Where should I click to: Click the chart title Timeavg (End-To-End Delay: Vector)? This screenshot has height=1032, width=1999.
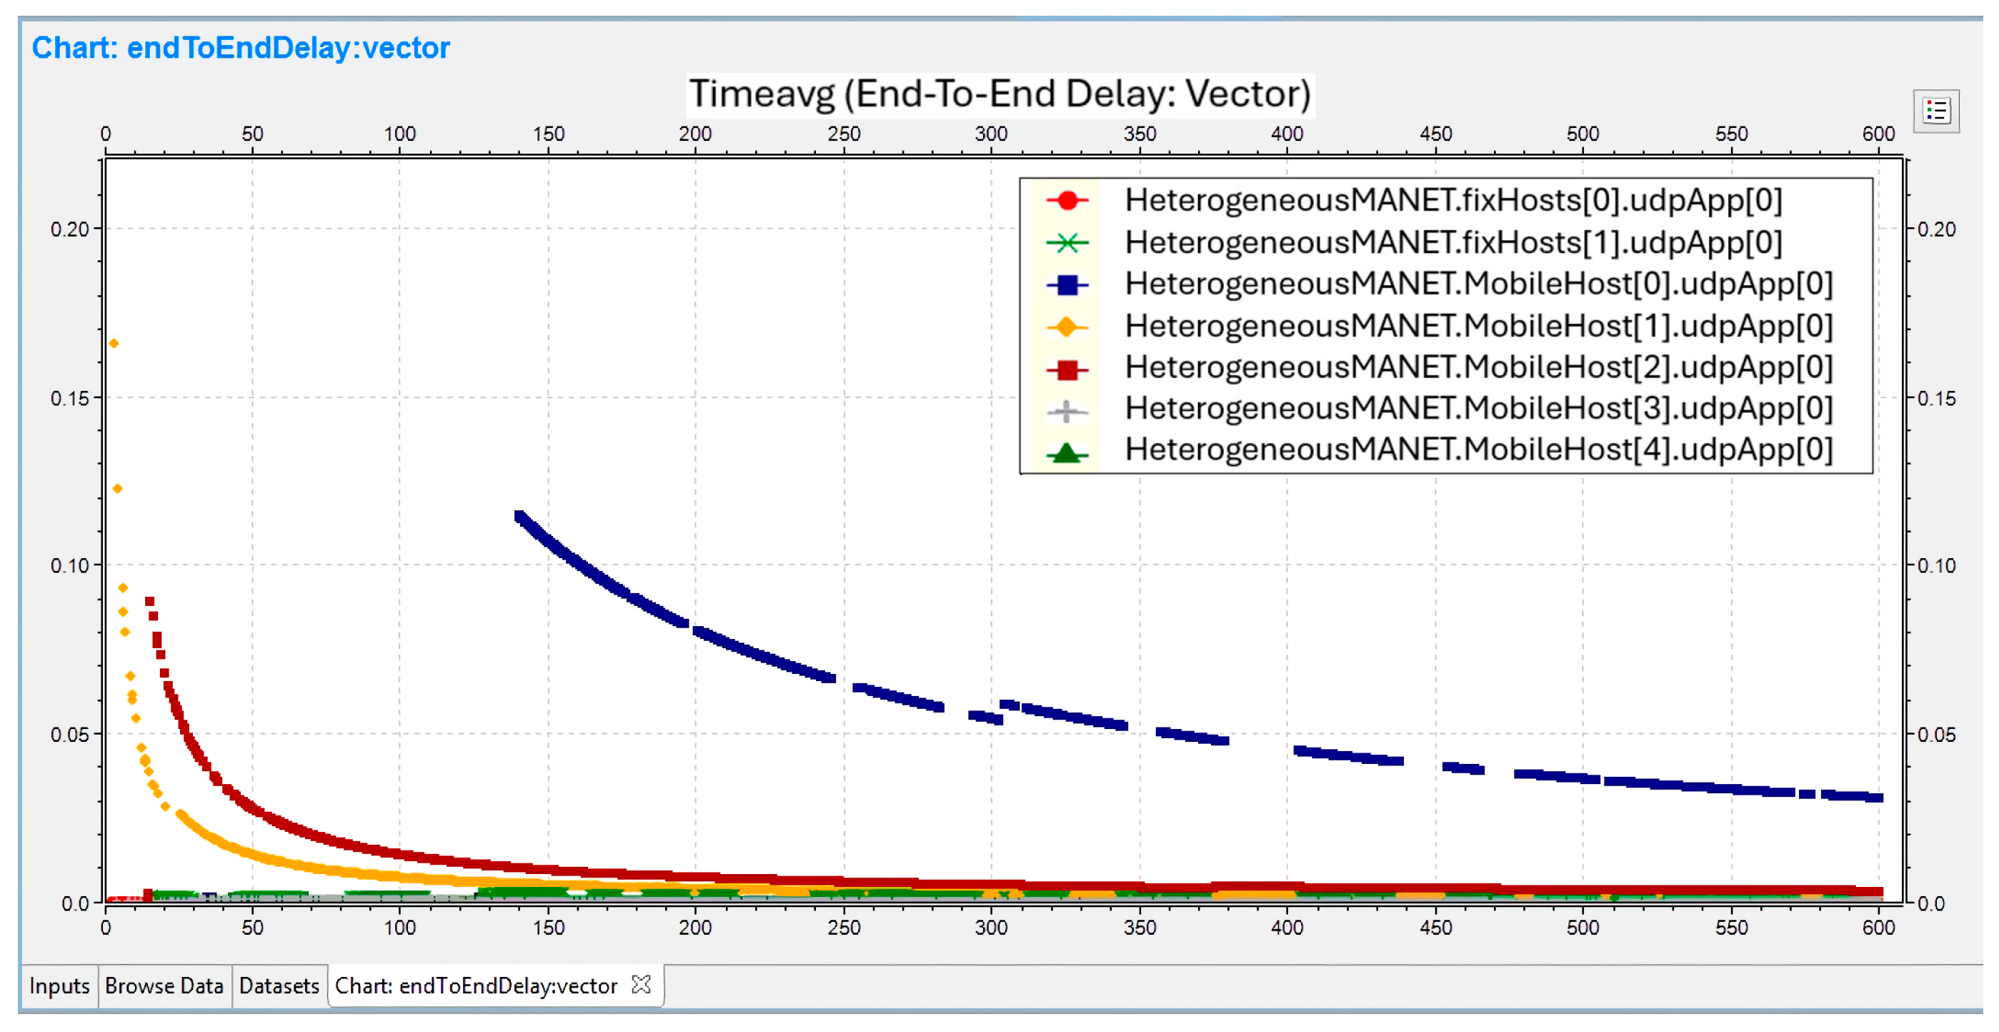click(x=999, y=94)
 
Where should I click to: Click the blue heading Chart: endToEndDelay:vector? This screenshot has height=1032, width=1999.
click(x=241, y=48)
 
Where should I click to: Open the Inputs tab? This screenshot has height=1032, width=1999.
click(x=59, y=986)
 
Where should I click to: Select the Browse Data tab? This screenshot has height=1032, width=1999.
click(x=164, y=986)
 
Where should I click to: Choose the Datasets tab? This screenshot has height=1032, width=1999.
click(x=279, y=986)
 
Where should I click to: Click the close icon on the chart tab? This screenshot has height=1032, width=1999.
click(x=641, y=985)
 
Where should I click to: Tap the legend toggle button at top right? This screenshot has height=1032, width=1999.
click(x=1935, y=111)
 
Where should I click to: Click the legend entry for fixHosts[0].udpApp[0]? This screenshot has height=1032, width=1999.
click(x=1452, y=200)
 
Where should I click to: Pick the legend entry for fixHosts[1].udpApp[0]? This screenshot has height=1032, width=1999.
click(x=1452, y=242)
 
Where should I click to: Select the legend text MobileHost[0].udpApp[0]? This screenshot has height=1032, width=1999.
click(x=1478, y=284)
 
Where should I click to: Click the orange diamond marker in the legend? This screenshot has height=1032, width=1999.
click(x=1067, y=327)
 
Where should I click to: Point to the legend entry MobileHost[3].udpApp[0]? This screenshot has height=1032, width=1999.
click(x=1478, y=409)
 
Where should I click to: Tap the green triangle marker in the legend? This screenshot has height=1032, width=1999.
click(x=1067, y=452)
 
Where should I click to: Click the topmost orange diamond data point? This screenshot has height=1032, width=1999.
click(x=114, y=343)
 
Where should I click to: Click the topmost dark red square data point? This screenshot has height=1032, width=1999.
click(x=150, y=601)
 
